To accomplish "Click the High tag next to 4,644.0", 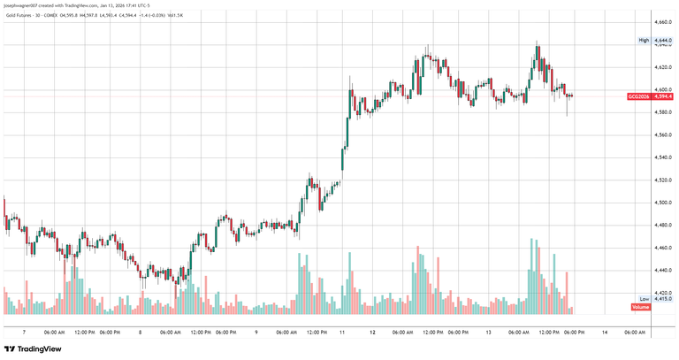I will [644, 40].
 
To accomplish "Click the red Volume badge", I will [642, 307].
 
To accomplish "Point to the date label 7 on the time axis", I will [24, 332].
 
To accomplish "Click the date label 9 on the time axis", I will [256, 332].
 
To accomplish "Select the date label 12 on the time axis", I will [372, 332].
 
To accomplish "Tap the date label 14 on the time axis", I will [604, 332].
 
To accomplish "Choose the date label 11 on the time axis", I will [342, 332].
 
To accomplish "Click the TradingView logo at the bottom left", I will [33, 349].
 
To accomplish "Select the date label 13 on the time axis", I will [488, 332].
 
